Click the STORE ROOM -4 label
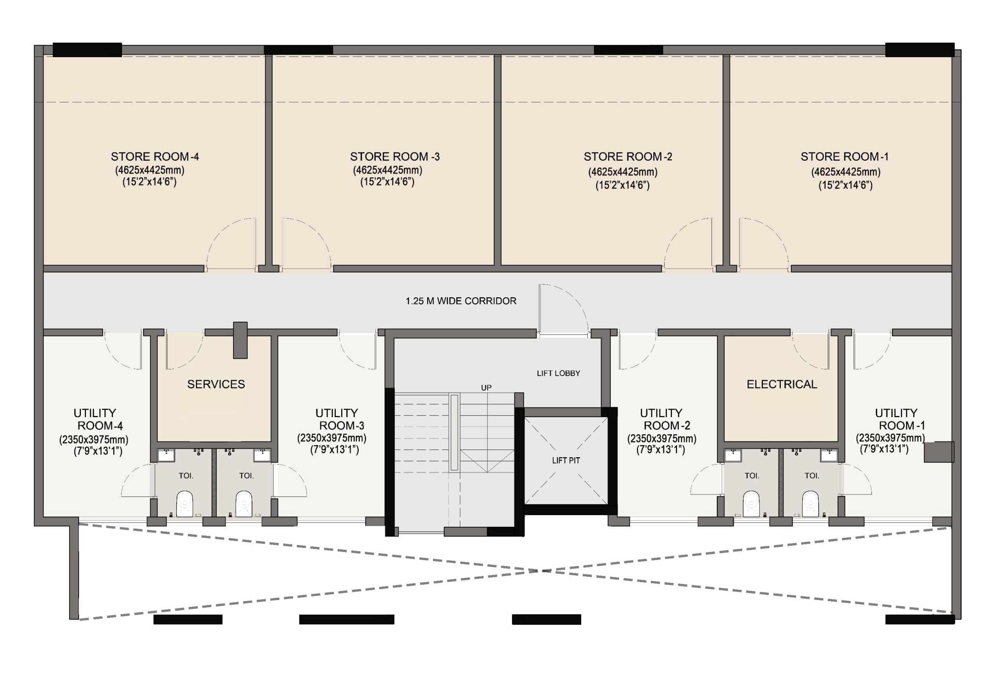point(155,156)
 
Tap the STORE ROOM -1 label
point(844,156)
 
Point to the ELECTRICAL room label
point(782,384)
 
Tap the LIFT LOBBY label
point(558,373)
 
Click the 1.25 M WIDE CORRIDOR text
point(461,301)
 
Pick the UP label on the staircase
point(486,388)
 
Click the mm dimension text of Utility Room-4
point(94,439)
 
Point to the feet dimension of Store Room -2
point(622,185)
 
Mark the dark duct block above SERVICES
point(240,340)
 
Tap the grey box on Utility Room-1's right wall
point(939,452)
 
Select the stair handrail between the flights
point(454,432)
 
